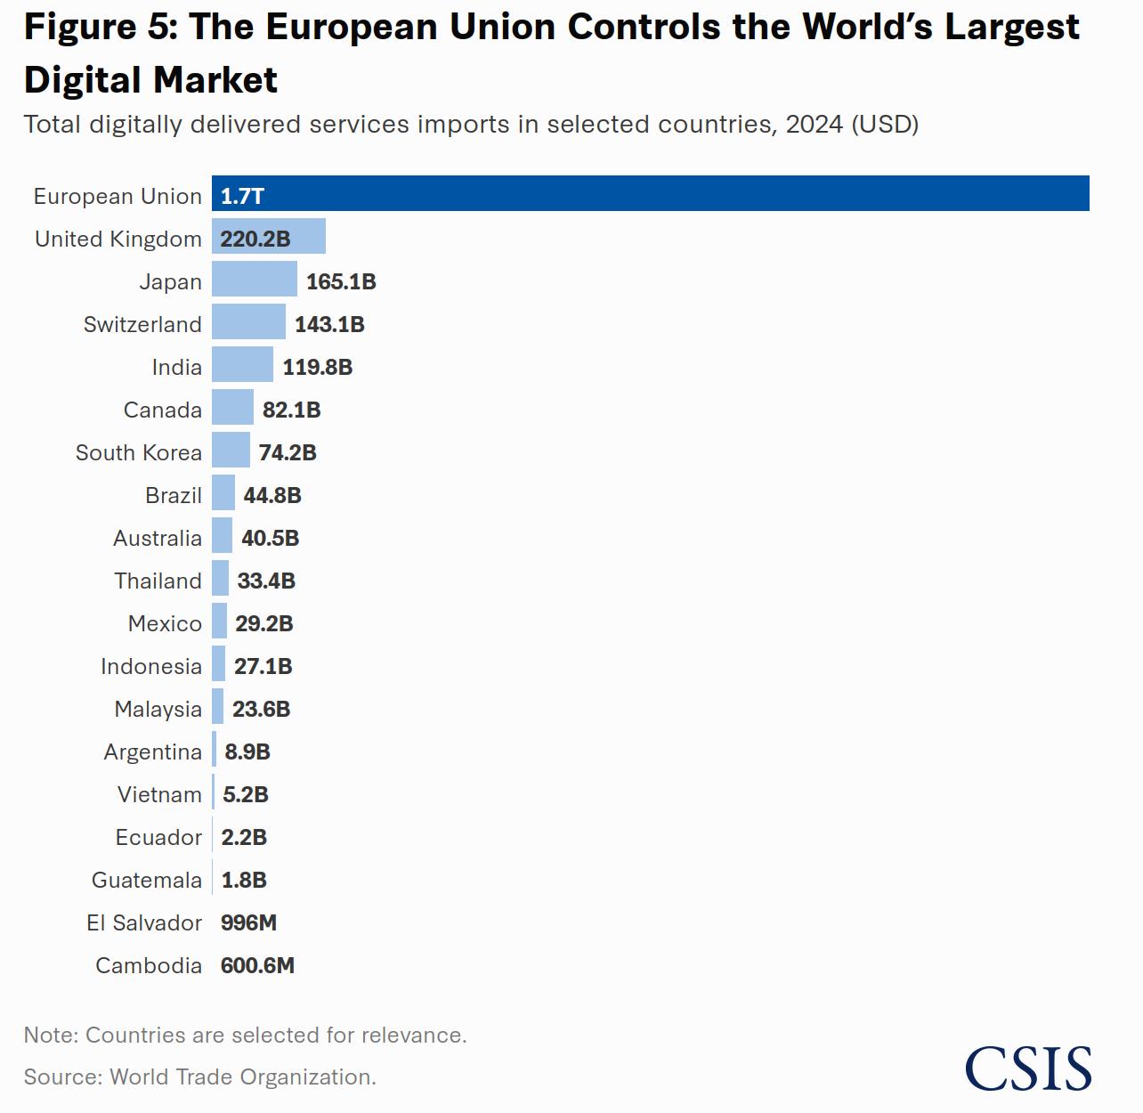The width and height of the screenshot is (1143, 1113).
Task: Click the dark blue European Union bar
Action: (650, 193)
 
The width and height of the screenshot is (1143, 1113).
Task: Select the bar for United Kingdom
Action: (269, 236)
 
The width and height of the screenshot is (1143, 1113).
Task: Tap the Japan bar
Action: (255, 279)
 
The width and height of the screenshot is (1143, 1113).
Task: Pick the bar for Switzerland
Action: (248, 321)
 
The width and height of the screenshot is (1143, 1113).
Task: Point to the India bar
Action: (242, 364)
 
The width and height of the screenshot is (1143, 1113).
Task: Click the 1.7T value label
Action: (242, 196)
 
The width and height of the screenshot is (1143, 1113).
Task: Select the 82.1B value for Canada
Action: (291, 410)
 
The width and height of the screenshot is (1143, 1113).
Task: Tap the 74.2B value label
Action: (288, 452)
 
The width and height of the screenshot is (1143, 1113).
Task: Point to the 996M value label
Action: (248, 922)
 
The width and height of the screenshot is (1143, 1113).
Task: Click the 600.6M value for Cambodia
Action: (257, 965)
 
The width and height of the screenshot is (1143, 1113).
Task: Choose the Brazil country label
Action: (174, 495)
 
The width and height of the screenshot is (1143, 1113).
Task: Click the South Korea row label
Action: (139, 452)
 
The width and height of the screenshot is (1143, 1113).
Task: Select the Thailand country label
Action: (158, 581)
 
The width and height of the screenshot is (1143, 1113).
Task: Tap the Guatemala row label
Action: (147, 880)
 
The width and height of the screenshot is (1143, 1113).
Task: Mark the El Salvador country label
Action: (144, 922)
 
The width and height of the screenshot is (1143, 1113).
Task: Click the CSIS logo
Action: (1028, 1068)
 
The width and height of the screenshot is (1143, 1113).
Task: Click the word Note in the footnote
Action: (50, 1035)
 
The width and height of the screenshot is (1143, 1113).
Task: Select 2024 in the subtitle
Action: (814, 124)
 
